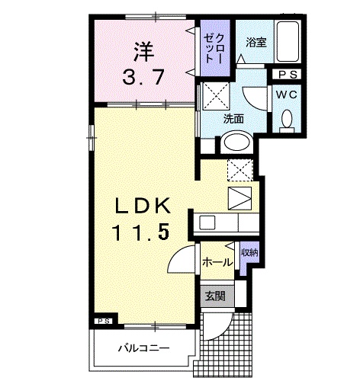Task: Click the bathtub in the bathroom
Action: [288, 44]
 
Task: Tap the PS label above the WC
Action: [288, 75]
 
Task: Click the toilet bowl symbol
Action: [288, 119]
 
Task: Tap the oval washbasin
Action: [237, 142]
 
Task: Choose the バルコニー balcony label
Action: [142, 349]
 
